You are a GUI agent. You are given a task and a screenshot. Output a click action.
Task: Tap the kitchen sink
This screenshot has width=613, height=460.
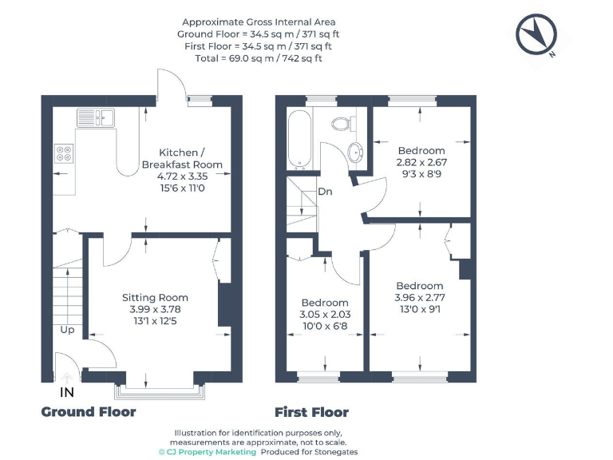pyautogui.click(x=97, y=118)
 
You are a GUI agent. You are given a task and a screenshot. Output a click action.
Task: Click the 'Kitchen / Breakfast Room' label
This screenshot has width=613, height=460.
pyautogui.click(x=182, y=158)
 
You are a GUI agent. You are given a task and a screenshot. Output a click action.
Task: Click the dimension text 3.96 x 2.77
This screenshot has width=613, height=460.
pyautogui.click(x=419, y=298)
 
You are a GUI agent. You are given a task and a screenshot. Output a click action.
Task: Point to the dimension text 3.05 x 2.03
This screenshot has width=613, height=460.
pyautogui.click(x=325, y=315)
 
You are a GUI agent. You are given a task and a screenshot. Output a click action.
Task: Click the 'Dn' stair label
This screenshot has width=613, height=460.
pyautogui.click(x=325, y=192)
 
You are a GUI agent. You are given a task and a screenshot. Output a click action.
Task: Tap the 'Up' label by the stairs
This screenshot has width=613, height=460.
pyautogui.click(x=67, y=329)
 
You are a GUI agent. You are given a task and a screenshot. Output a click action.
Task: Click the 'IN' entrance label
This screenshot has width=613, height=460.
pyautogui.click(x=68, y=393)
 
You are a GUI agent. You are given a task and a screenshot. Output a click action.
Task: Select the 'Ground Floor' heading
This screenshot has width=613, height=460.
pyautogui.click(x=89, y=412)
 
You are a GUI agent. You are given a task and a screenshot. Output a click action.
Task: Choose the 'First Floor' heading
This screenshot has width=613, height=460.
pyautogui.click(x=311, y=412)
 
